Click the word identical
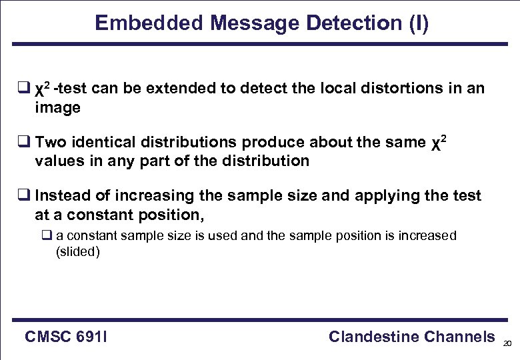(105, 142)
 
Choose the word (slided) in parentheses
(78, 253)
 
